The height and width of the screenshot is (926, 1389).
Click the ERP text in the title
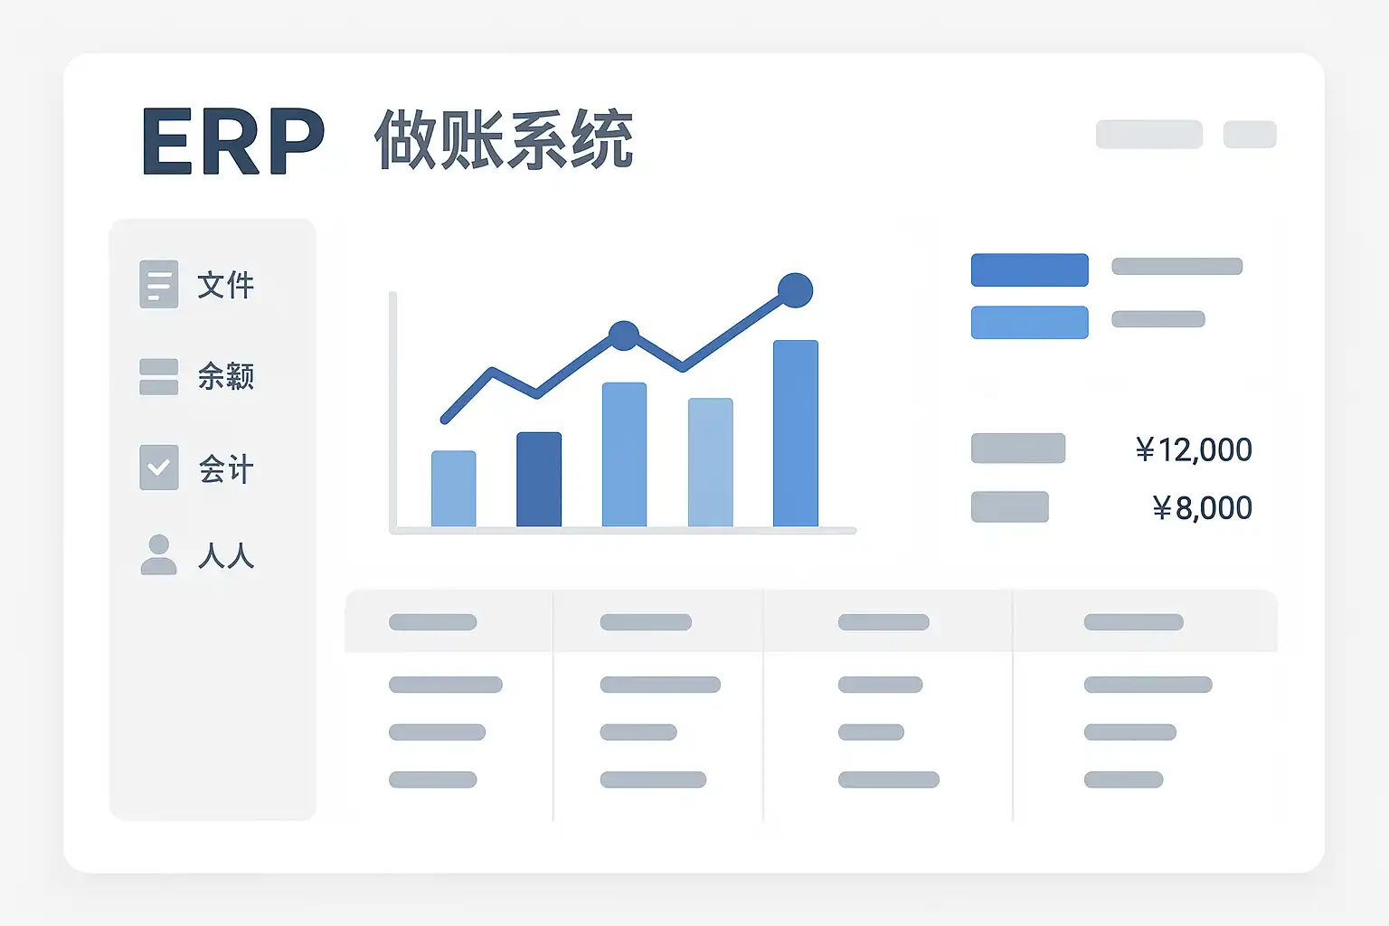pos(233,140)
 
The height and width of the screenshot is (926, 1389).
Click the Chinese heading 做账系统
pos(504,139)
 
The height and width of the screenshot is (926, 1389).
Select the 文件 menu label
pos(226,285)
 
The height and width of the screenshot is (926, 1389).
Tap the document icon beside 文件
pos(159,284)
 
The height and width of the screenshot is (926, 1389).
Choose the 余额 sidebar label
pos(226,376)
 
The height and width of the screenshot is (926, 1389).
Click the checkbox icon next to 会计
pos(159,467)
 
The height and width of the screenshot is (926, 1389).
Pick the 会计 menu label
pos(226,468)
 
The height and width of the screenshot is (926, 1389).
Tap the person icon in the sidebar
pos(159,553)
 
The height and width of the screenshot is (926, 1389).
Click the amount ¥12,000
pos(1194,449)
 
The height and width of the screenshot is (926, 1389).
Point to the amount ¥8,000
pos(1203,507)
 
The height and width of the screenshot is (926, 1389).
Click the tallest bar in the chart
pos(796,433)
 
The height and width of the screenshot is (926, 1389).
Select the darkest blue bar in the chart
pos(539,479)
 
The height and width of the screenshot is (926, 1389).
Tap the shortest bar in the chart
pos(454,488)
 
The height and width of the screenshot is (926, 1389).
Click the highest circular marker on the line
pos(795,290)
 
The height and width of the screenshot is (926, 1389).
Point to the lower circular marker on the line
pos(624,335)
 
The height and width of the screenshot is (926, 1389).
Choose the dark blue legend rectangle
pos(1029,269)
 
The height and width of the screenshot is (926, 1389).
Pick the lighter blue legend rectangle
pos(1029,323)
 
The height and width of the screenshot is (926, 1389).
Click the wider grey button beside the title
pos(1149,135)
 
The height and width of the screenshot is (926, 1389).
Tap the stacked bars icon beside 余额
pos(159,376)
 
